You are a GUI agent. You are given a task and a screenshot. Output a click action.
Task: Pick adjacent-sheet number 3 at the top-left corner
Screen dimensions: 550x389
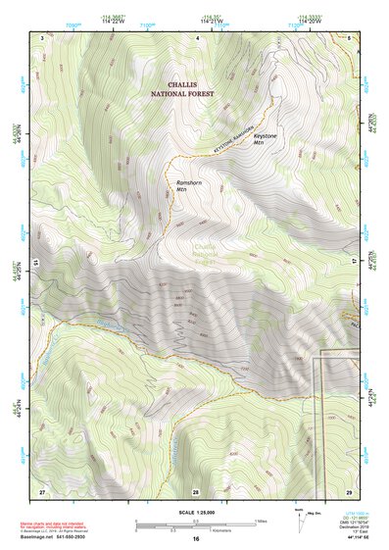click(x=42, y=35)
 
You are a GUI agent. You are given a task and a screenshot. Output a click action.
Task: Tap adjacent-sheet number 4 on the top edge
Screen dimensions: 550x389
click(x=196, y=35)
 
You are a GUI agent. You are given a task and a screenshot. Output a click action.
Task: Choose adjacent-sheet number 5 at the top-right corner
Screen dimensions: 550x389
click(x=349, y=35)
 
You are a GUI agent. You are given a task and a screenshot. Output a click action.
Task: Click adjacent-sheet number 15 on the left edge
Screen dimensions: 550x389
click(x=34, y=262)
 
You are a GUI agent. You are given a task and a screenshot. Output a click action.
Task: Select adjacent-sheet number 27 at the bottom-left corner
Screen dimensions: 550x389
click(x=42, y=490)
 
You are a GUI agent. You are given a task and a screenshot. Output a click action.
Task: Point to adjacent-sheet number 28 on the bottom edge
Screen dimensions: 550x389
click(x=195, y=490)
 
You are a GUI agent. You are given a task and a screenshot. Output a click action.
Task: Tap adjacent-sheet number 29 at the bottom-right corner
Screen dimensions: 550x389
click(x=349, y=490)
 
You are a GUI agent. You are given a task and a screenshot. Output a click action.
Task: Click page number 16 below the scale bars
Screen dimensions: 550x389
click(x=196, y=537)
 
